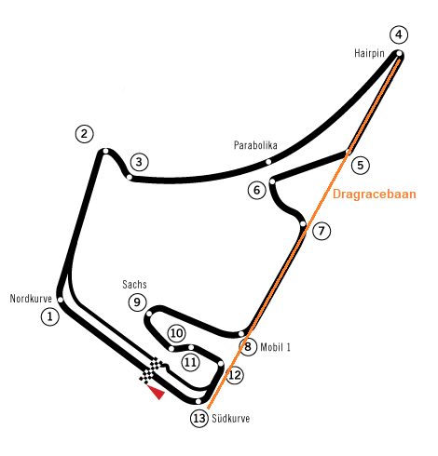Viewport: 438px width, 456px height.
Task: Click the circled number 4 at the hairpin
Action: click(399, 34)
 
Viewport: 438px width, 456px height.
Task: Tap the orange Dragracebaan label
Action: click(375, 194)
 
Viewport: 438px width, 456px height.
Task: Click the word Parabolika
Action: click(255, 145)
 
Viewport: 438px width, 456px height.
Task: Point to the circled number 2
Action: click(85, 134)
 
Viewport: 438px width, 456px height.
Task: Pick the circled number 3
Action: click(139, 162)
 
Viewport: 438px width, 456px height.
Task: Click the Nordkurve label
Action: click(31, 299)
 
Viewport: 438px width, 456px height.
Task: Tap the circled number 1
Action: click(50, 316)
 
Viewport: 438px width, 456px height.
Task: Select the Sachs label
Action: click(134, 284)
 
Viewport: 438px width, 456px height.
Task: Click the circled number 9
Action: click(137, 302)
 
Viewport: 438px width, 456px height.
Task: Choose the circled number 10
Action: click(177, 333)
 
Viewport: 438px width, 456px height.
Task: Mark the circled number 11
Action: click(190, 362)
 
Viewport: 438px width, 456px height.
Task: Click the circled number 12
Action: click(235, 375)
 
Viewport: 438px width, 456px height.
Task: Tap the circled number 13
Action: click(199, 419)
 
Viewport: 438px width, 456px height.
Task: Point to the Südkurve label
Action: click(231, 419)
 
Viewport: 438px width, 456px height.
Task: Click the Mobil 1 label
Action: click(276, 347)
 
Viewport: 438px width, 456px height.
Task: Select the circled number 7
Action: click(322, 231)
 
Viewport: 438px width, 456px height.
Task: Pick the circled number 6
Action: click(257, 190)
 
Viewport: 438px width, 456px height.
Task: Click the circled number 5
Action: click(361, 165)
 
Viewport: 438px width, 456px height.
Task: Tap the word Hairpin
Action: click(369, 53)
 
